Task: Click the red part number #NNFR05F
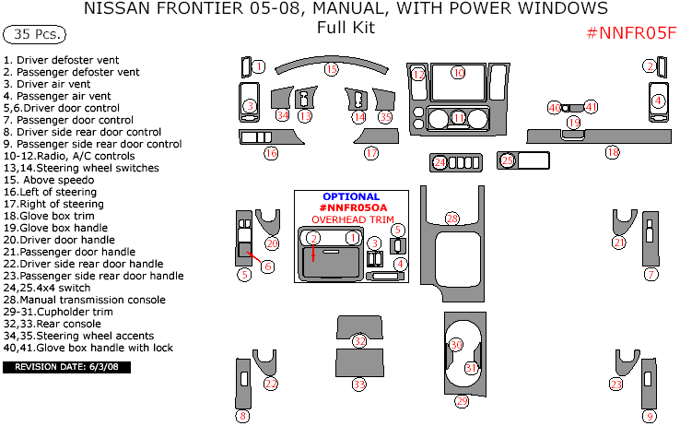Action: tap(631, 34)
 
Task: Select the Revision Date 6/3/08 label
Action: tap(67, 367)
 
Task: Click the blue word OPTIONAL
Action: tap(350, 197)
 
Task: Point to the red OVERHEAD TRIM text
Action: tap(350, 219)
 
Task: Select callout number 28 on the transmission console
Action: tap(451, 219)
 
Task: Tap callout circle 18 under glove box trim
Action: tap(612, 152)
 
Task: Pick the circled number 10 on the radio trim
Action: tap(458, 71)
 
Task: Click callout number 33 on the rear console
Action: tap(359, 384)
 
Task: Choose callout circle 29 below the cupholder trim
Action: tap(462, 401)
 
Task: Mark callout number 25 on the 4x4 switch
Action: tap(507, 160)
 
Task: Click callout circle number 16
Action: tap(271, 154)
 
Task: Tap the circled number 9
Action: tap(650, 417)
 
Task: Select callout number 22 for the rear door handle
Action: tap(271, 384)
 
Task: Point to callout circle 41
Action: tap(592, 107)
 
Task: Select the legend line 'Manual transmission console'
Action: tap(85, 300)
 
